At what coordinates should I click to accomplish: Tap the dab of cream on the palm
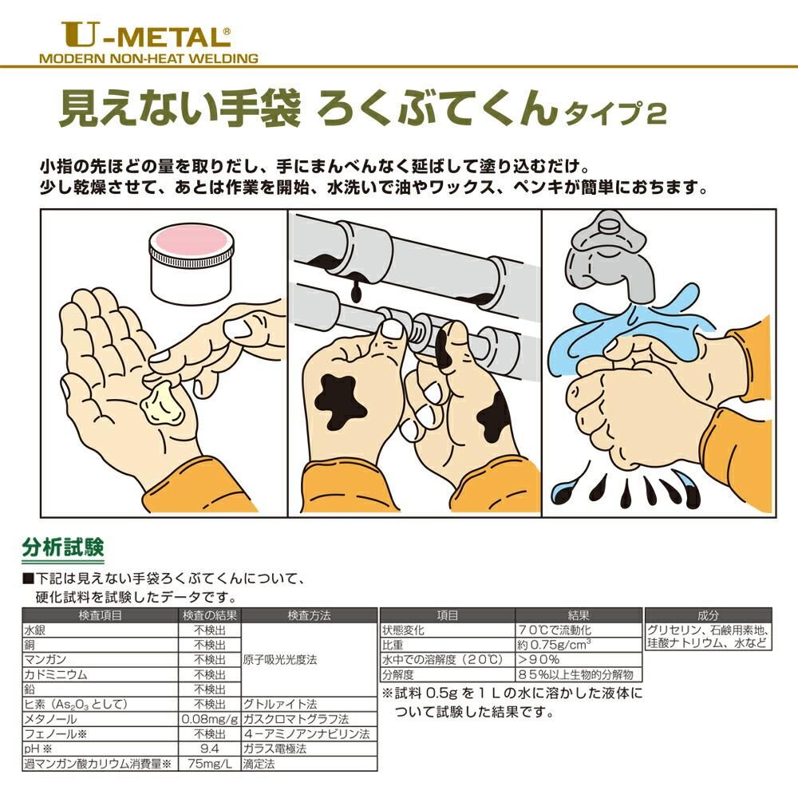click(162, 404)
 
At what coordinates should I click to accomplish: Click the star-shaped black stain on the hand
click(340, 401)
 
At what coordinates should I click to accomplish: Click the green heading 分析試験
click(62, 547)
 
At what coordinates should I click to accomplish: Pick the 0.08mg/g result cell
click(210, 719)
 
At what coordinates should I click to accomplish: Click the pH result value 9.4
click(210, 749)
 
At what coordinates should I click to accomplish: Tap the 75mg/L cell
click(210, 764)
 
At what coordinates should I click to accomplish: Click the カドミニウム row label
click(56, 675)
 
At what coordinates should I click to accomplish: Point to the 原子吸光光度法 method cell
click(280, 660)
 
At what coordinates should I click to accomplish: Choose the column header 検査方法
click(309, 614)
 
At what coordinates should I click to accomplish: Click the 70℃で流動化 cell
click(554, 630)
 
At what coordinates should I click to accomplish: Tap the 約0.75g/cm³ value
click(555, 644)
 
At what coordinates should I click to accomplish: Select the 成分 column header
click(709, 614)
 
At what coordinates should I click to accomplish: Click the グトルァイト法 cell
click(280, 705)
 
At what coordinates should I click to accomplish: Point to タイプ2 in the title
click(615, 113)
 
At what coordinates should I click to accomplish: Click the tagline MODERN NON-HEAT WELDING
click(148, 58)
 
